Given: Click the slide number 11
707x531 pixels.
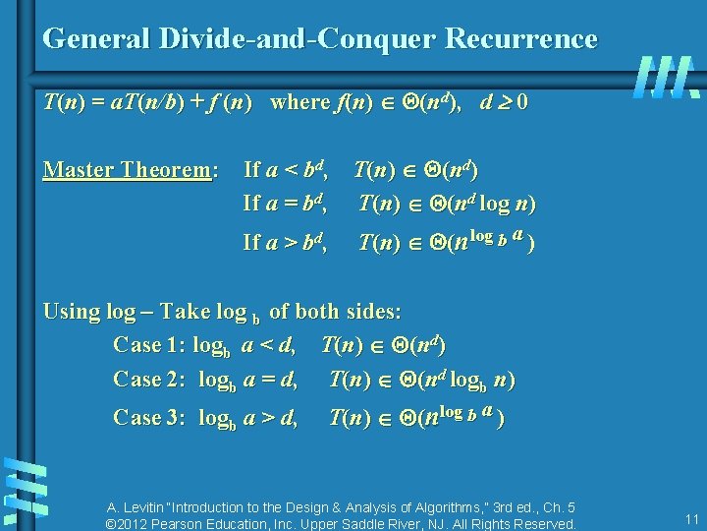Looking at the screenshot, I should pos(691,519).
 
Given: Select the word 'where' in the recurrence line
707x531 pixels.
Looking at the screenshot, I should pos(302,101).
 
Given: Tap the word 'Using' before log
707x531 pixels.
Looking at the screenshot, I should pos(72,312).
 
